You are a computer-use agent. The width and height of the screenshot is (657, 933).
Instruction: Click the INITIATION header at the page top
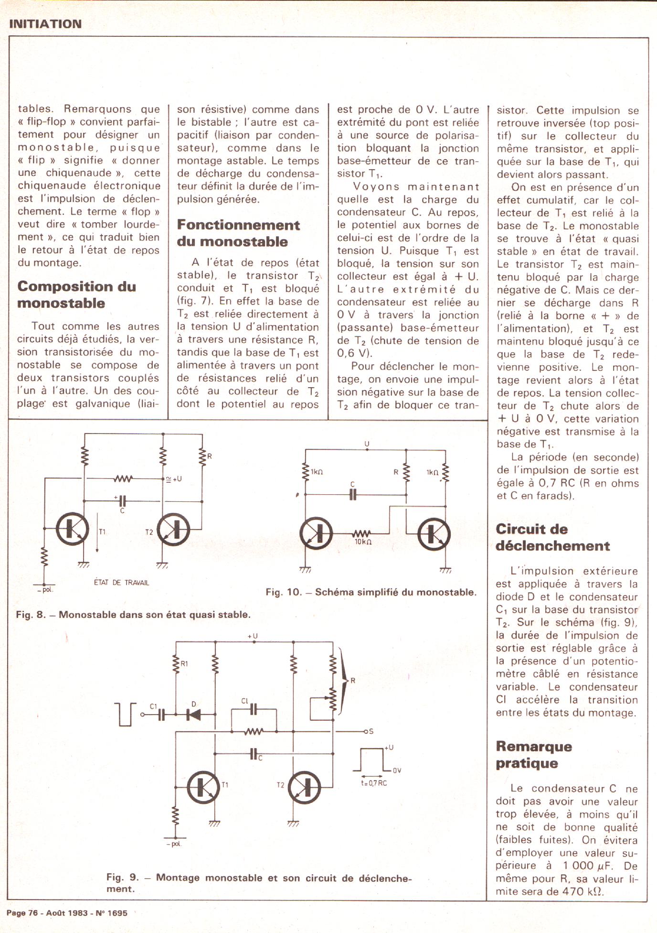[x=45, y=24]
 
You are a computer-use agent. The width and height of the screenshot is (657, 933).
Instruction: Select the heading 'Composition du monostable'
[x=76, y=294]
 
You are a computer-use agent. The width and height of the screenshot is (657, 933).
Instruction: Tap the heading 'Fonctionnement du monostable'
[x=238, y=233]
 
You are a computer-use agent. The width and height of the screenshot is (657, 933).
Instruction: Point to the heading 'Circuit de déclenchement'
[x=552, y=537]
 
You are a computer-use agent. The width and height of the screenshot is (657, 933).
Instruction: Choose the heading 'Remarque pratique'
[x=533, y=754]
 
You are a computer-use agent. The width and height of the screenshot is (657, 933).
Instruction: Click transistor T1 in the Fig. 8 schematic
[x=73, y=529]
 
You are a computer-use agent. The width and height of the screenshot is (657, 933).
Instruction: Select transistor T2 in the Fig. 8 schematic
[x=174, y=530]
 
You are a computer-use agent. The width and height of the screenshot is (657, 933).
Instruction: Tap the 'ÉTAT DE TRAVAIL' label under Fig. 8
[x=121, y=583]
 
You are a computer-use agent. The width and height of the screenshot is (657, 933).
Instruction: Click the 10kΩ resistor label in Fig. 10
[x=363, y=542]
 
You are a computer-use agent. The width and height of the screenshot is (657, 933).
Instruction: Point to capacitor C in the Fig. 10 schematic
[x=353, y=494]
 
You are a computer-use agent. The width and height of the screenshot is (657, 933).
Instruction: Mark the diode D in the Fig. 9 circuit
[x=195, y=715]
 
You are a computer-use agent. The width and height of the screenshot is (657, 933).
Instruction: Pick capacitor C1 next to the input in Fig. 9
[x=161, y=714]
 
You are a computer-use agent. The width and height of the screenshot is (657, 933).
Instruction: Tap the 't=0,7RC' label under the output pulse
[x=374, y=783]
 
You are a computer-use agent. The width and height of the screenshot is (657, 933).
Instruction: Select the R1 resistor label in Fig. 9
[x=184, y=663]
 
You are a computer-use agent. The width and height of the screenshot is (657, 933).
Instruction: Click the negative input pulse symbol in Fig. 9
[x=126, y=714]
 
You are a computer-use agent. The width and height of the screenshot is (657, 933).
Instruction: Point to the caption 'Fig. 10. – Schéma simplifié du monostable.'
[x=371, y=592]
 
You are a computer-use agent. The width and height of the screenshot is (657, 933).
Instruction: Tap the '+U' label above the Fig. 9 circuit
[x=253, y=636]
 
